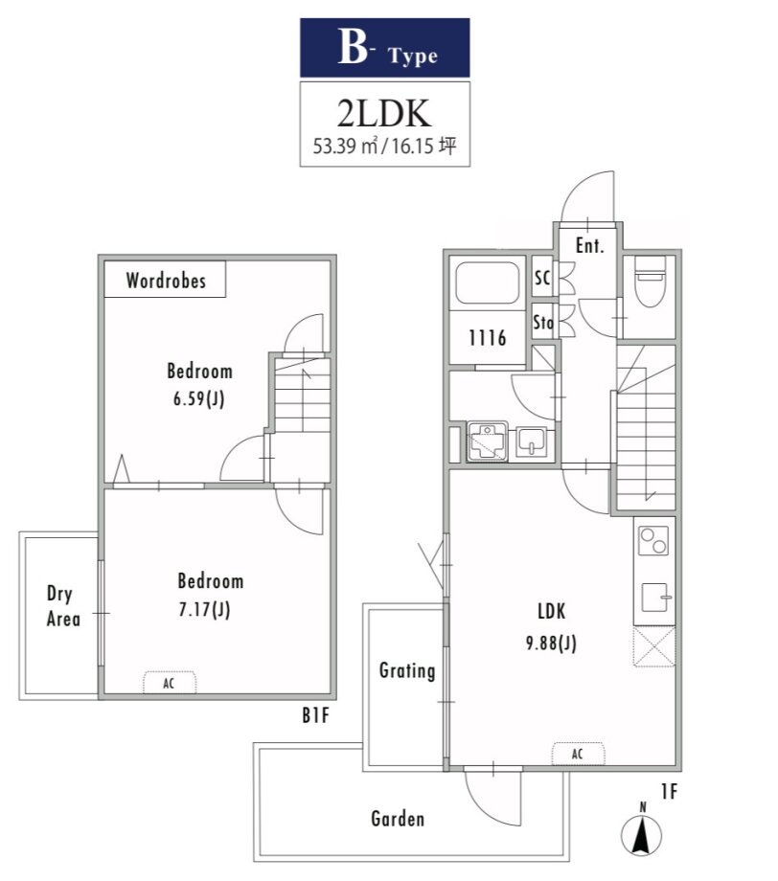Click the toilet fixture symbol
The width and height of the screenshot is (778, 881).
650,281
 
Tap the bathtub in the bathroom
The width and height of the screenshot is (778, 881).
487,282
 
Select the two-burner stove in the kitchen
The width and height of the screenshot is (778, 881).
653,540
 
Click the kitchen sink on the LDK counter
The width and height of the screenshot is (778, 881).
655,598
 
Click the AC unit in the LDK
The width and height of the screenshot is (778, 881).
578,754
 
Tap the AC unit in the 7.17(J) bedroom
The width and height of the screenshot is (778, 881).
170,683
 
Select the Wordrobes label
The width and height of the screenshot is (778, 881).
166,281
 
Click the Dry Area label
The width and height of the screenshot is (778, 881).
63,606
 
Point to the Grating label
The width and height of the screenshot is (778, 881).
407,671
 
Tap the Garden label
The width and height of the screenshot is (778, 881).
398,819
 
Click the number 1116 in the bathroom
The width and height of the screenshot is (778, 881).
488,338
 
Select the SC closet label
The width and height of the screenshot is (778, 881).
542,277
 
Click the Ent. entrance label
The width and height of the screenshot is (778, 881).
589,245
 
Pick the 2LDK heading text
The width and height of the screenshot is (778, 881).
384,113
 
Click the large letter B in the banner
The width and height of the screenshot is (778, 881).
353,47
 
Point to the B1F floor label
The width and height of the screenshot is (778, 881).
315,715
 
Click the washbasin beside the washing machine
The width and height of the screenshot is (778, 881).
531,441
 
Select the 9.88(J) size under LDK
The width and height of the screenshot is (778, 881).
552,643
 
